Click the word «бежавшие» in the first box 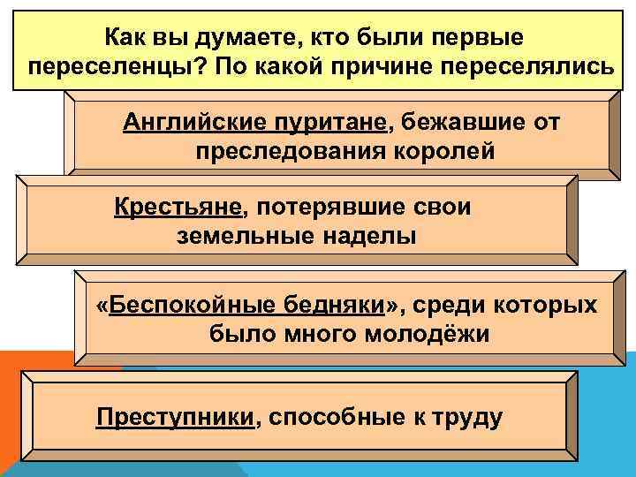coord(456,121)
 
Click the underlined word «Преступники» coord(175,416)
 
